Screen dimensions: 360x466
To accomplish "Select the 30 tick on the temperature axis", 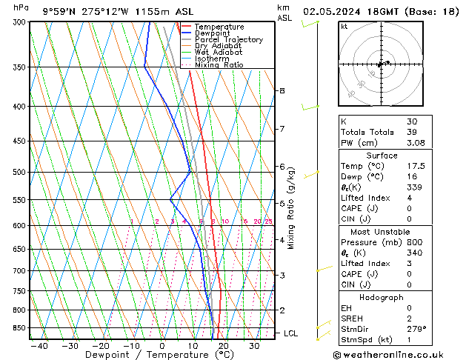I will coord(254,345).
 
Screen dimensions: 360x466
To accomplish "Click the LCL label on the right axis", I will coord(290,333).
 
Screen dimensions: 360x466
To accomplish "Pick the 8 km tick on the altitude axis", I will coord(282,90).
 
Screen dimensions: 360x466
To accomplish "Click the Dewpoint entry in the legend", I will coord(212,33).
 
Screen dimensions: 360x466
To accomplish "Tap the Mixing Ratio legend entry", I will coord(219,65).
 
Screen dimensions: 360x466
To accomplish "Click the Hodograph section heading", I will coord(382,297).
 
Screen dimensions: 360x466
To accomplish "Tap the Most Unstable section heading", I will coord(382,232).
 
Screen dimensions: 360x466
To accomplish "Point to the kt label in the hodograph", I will coord(344,26).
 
